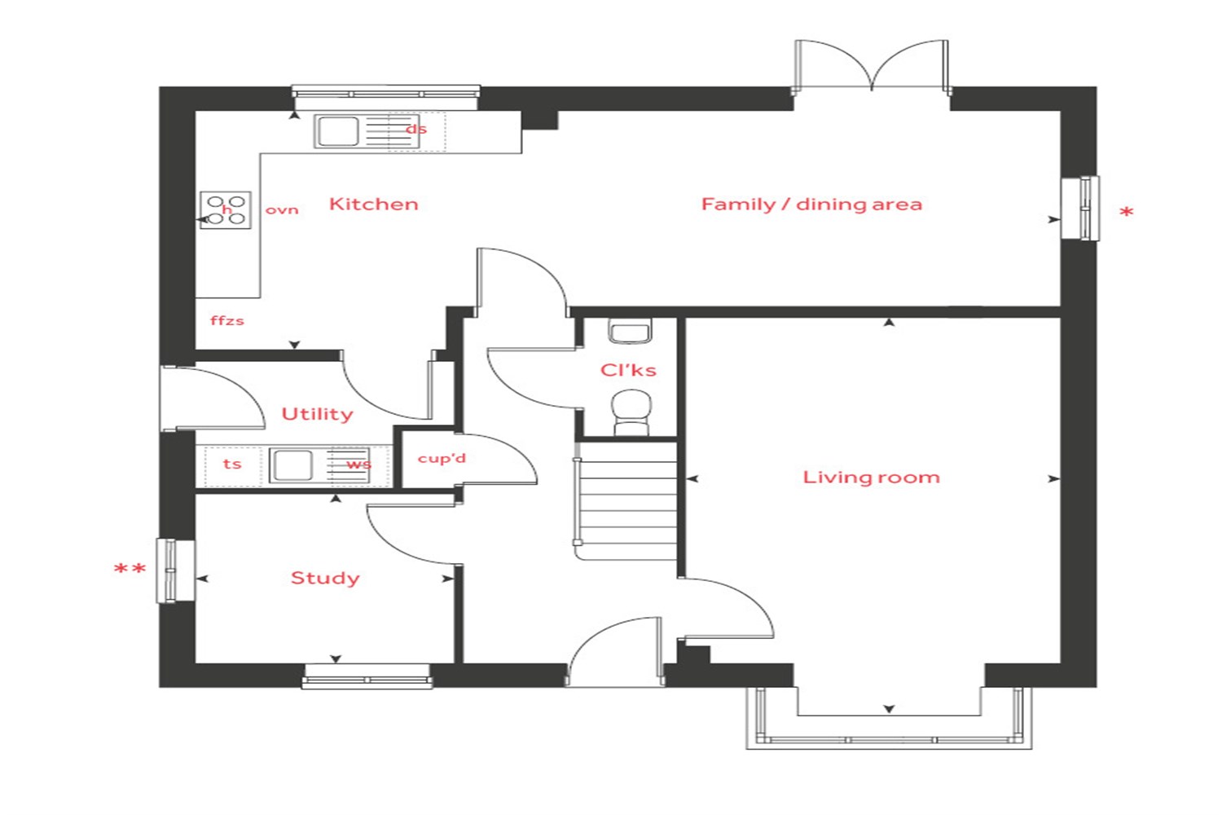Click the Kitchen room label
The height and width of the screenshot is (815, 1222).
(374, 205)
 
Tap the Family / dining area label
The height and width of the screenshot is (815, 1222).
(811, 205)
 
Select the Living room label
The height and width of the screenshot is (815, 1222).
(871, 478)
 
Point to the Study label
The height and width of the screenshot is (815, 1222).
(325, 578)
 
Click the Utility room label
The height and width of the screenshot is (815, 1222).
(317, 414)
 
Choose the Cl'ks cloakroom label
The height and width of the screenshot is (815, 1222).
(628, 370)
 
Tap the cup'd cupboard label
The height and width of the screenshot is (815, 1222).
(442, 459)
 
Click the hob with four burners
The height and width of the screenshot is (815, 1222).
(226, 209)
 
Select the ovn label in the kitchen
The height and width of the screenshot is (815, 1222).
(282, 210)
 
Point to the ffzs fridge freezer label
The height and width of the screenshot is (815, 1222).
(227, 320)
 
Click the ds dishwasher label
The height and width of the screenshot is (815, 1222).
(416, 130)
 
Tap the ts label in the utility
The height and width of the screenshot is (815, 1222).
(232, 464)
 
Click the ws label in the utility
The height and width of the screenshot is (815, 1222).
(358, 465)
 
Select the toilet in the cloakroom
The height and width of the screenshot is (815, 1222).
(631, 412)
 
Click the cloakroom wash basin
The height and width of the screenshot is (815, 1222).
(630, 332)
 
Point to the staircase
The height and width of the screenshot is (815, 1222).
(626, 501)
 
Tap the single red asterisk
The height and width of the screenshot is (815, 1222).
(1127, 213)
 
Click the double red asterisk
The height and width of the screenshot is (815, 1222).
(130, 570)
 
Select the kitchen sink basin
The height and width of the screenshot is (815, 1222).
(338, 131)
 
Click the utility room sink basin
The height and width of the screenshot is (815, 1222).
(292, 465)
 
